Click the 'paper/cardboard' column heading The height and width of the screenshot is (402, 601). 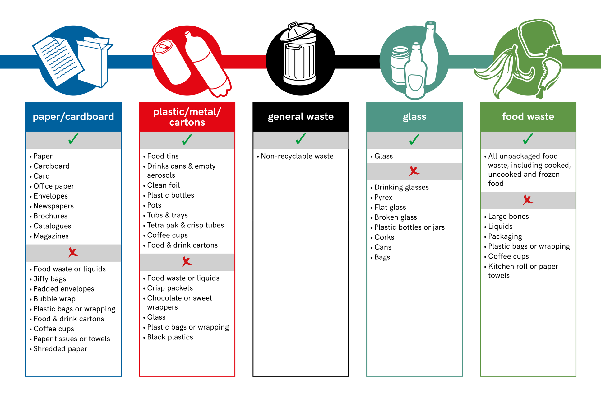coord(73,117)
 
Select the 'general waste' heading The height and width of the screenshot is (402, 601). coord(301,117)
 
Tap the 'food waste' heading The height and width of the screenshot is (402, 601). coord(528,117)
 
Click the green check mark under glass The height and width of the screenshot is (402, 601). coord(414,139)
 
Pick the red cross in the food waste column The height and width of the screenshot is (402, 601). coord(528,200)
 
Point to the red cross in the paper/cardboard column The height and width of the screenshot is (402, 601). coord(73,252)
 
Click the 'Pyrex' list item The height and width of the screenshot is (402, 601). coord(383,197)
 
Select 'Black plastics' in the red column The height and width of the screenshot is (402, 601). coord(170,337)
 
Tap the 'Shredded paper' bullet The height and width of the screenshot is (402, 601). coord(60,349)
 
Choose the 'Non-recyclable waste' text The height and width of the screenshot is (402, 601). coord(297,156)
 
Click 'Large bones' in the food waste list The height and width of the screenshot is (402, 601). coord(508,217)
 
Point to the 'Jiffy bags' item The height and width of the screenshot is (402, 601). coord(50,279)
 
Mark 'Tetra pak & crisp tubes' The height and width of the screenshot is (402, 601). coord(185,225)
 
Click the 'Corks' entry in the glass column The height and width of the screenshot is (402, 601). coord(384,237)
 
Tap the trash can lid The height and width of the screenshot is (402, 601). coord(297,31)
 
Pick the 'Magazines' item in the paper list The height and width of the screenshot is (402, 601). coord(51,236)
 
